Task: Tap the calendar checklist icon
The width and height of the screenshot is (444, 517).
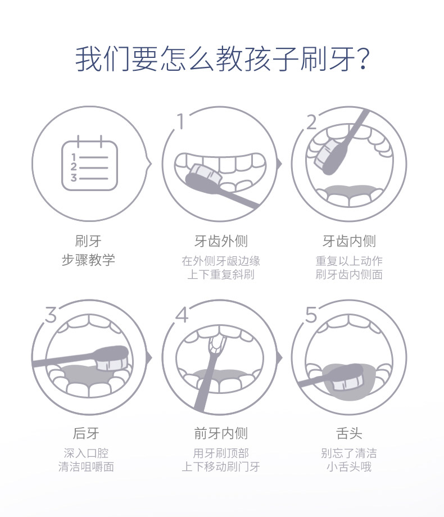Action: pos(90,163)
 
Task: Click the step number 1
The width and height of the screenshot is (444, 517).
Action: pos(180,121)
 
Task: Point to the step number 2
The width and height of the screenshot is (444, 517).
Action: pos(311,122)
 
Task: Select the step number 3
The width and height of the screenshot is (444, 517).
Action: pos(51,315)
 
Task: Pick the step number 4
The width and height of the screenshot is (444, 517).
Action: pos(182,315)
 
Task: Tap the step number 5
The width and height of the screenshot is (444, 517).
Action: pos(311,315)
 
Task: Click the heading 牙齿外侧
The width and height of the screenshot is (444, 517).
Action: pos(221,241)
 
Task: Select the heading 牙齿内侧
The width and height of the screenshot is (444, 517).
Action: pos(349,241)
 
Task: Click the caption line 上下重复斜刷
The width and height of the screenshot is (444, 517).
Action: pos(221,274)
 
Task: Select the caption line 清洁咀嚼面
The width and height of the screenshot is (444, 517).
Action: pos(86,466)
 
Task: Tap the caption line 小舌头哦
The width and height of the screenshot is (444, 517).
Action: pos(349,466)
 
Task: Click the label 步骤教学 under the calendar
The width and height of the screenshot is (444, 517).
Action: pos(88,260)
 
